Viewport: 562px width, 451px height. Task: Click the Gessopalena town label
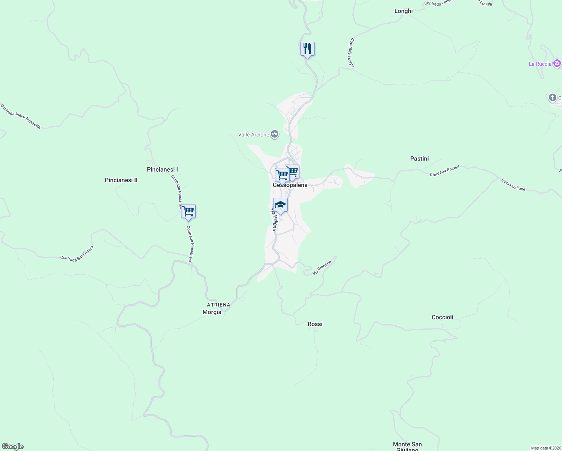point(290,185)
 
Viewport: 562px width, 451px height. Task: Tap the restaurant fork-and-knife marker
point(307,49)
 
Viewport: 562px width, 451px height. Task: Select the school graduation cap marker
point(280,205)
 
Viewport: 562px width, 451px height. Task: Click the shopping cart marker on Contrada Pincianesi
point(188,212)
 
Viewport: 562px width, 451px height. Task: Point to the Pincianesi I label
point(162,170)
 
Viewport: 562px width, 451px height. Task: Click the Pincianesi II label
point(121,180)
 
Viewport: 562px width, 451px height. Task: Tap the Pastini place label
point(419,159)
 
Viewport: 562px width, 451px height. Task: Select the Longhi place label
point(403,11)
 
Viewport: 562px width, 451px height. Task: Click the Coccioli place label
point(442,317)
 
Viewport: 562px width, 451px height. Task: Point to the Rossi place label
point(315,324)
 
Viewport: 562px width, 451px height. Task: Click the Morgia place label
point(212,312)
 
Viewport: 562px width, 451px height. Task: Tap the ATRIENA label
point(219,305)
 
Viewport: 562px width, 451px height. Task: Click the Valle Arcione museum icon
point(275,134)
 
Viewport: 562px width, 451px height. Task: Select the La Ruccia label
point(540,64)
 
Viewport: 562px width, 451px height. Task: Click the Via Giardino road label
point(322,267)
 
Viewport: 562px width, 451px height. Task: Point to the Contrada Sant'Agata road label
point(77,254)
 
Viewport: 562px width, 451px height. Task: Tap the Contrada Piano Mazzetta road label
point(20,117)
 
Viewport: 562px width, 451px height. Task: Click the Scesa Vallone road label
point(513,185)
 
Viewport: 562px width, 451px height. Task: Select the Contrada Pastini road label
point(444,171)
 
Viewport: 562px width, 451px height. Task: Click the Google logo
point(13,446)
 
